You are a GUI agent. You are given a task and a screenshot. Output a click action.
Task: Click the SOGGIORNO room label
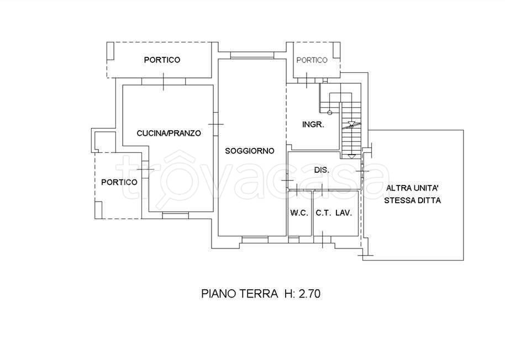pos(250,151)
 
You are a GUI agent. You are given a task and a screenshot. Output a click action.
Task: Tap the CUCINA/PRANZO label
pos(169,133)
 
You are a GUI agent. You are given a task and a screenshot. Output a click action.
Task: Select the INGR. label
pos(312,124)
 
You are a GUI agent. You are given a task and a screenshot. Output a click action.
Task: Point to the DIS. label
pos(322,170)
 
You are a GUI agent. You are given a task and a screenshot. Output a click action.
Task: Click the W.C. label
pos(299,213)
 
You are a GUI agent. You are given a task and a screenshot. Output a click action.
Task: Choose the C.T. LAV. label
pos(334,213)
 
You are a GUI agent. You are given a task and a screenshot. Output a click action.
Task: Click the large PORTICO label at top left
pos(161,60)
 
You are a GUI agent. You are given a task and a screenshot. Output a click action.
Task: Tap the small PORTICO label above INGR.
pos(312,60)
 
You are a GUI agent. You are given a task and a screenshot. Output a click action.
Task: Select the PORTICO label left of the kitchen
pos(119,182)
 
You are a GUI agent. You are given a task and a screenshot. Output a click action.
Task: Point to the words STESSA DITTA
pos(413,201)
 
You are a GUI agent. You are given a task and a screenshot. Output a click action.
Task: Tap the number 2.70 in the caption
pos(309,294)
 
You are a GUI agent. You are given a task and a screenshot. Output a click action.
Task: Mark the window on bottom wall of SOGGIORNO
pos(255,239)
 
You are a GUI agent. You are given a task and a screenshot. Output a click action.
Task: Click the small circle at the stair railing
pos(329,113)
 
